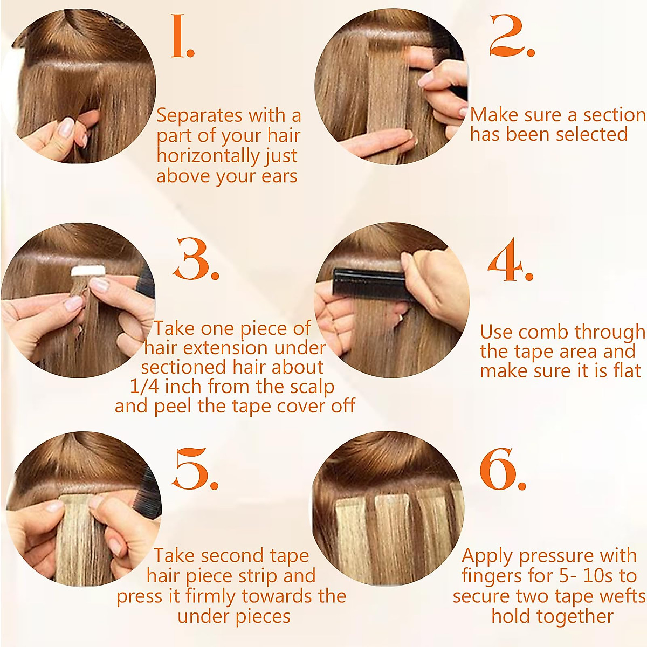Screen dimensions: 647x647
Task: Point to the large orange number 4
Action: [508, 261]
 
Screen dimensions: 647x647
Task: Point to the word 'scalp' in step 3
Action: [310, 387]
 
